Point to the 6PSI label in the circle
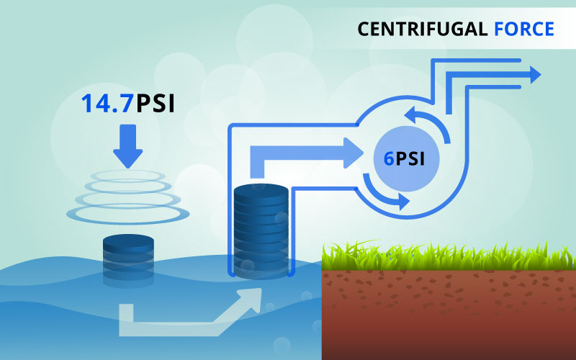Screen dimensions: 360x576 coord(402,159)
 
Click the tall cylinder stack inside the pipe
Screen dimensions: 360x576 coord(261,230)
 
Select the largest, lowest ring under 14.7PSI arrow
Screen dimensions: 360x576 coord(127,212)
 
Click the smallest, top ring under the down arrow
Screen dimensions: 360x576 coord(127,174)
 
